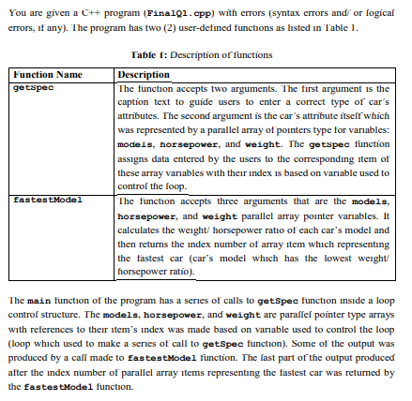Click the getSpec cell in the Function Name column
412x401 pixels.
click(x=33, y=85)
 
